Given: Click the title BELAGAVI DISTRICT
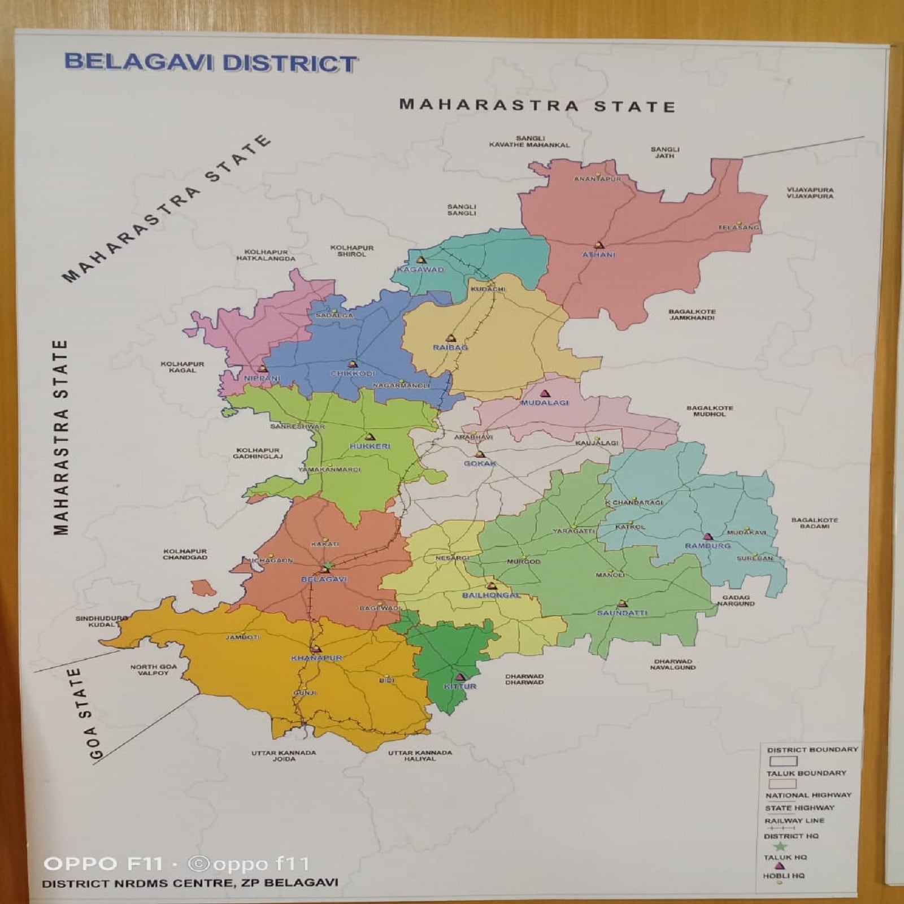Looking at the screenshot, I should pyautogui.click(x=210, y=62).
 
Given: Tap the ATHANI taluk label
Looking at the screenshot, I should pyautogui.click(x=599, y=255).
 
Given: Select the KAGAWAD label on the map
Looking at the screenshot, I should pyautogui.click(x=420, y=270).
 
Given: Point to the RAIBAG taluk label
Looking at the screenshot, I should pyautogui.click(x=450, y=347).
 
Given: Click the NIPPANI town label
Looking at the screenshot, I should pyautogui.click(x=262, y=378).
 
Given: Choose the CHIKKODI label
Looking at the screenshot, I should pyautogui.click(x=353, y=373).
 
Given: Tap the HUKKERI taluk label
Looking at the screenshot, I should pyautogui.click(x=370, y=446).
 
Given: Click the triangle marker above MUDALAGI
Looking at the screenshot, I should pyautogui.click(x=545, y=393).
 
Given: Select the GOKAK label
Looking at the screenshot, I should pyautogui.click(x=480, y=463).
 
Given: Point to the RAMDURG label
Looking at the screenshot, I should pyautogui.click(x=707, y=546).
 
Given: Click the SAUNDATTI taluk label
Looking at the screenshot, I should pyautogui.click(x=622, y=613).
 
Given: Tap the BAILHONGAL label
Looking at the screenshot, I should pyautogui.click(x=491, y=596).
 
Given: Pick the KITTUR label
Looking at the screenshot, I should pyautogui.click(x=460, y=686).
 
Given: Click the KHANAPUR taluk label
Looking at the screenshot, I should pyautogui.click(x=316, y=658).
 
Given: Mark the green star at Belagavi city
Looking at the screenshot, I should pyautogui.click(x=328, y=565).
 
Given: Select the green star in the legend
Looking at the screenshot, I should pyautogui.click(x=781, y=846).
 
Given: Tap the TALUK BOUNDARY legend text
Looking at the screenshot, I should pyautogui.click(x=806, y=773).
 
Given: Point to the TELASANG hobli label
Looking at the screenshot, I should pyautogui.click(x=738, y=227).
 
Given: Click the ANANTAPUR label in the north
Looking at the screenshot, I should pyautogui.click(x=597, y=179).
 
